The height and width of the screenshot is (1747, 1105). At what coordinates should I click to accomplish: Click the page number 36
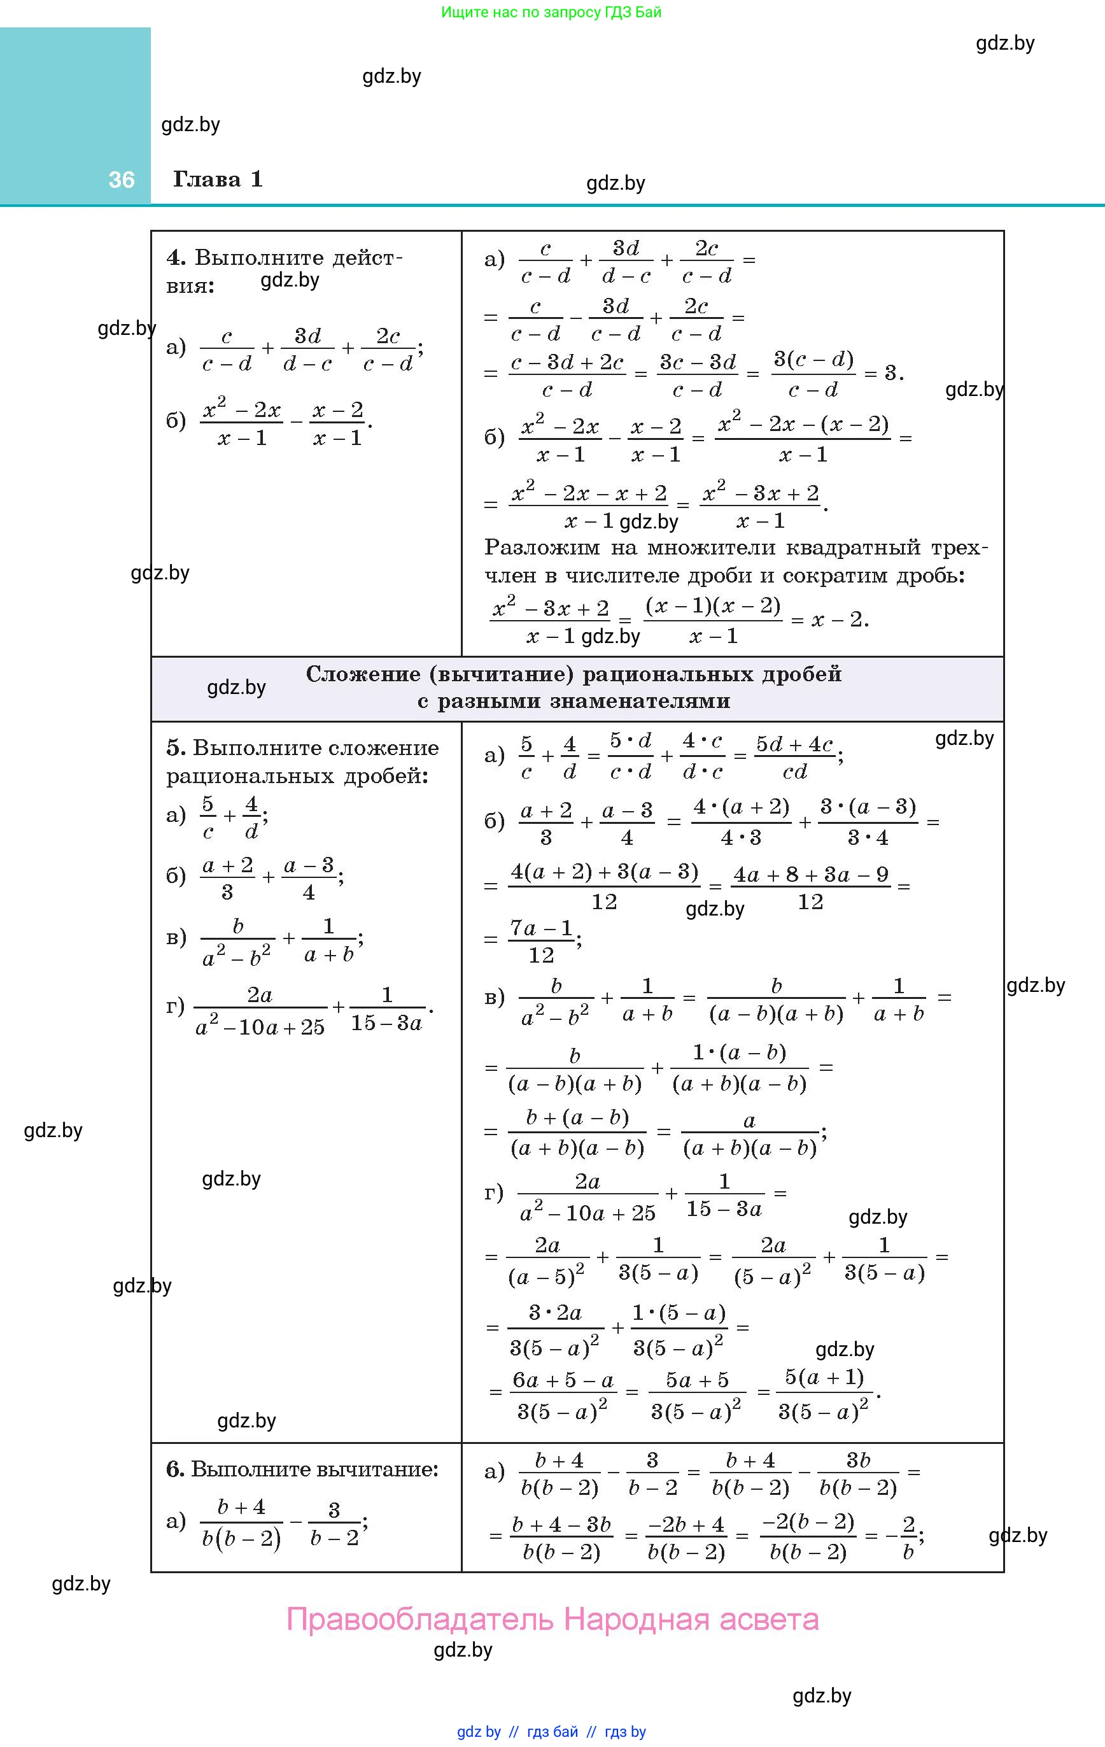coord(121,180)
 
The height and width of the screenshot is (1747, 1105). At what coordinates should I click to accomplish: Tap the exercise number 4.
coord(176,258)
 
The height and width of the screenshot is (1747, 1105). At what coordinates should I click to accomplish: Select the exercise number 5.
coord(175,747)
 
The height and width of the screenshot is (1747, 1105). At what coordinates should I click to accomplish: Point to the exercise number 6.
coord(175,1469)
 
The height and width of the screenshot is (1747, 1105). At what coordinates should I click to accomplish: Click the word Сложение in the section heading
coord(363,674)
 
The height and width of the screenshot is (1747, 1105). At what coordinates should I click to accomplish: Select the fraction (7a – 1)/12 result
coord(541,941)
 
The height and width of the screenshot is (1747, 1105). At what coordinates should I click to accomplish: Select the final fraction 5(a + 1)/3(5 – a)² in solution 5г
coord(824,1393)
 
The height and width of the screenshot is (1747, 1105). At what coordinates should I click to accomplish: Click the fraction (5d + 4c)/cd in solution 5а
coord(795,757)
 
